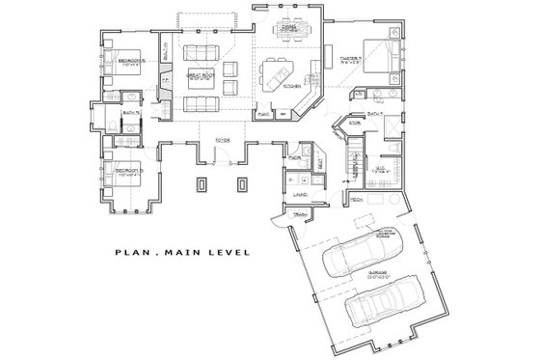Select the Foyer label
221,137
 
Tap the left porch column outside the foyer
202,185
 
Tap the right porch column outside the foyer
241,185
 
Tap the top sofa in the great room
202,51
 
